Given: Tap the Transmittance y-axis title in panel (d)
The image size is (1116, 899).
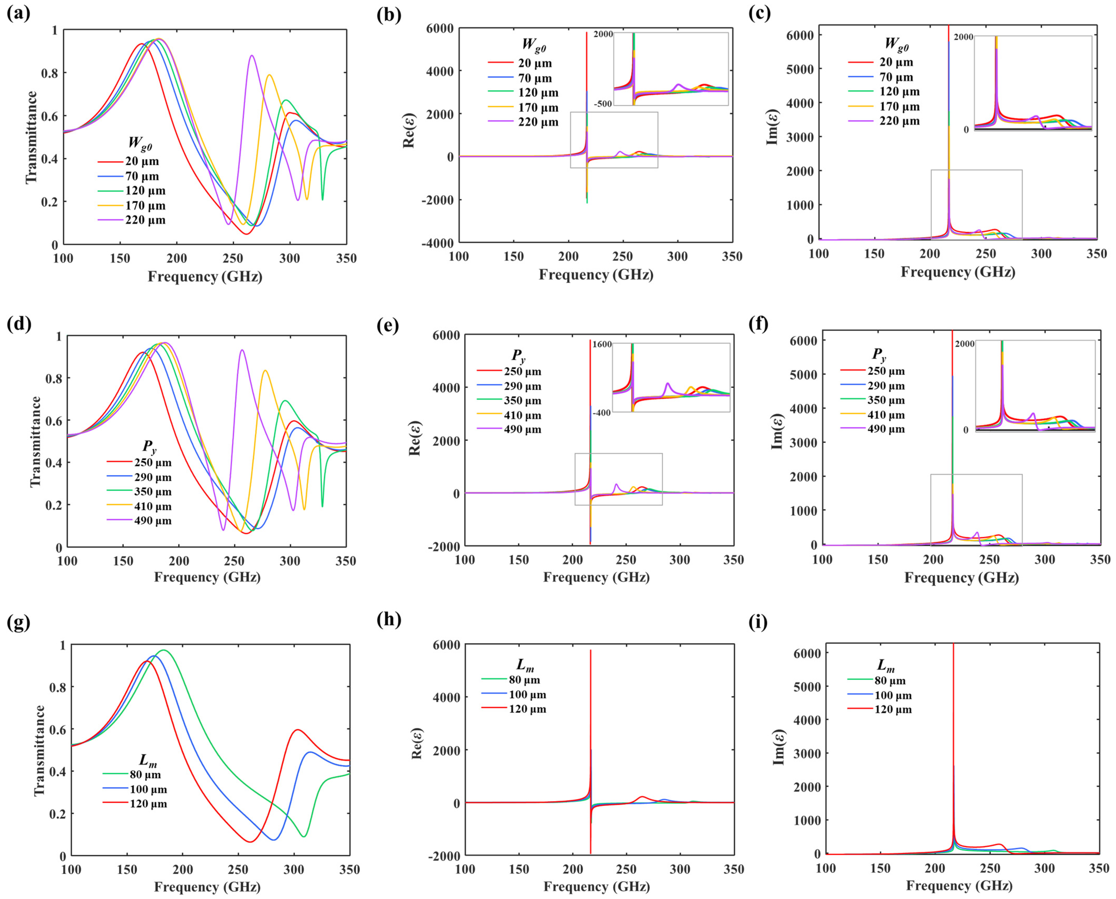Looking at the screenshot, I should tap(35, 441).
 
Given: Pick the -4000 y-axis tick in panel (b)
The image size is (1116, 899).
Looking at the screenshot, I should tap(438, 242).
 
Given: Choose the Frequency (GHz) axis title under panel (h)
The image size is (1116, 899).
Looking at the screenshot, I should tap(597, 886).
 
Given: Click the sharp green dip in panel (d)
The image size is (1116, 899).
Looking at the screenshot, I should tap(322, 506).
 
